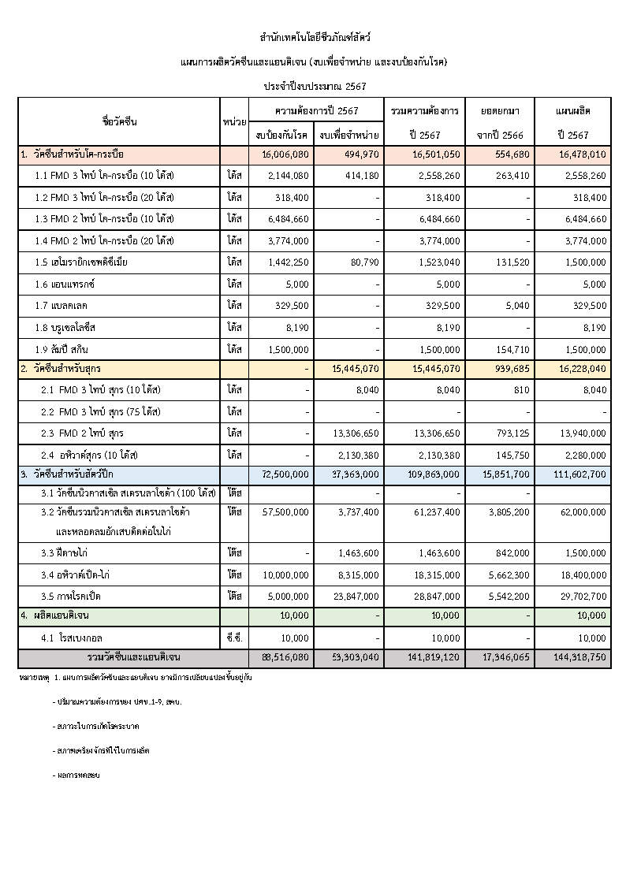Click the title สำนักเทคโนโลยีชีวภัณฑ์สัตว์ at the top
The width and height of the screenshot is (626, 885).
[315, 37]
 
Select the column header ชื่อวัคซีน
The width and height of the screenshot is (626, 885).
[119, 121]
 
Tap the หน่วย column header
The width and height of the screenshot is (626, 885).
[234, 121]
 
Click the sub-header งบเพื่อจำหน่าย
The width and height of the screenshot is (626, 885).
[348, 135]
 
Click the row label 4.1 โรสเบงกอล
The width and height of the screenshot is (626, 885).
[72, 637]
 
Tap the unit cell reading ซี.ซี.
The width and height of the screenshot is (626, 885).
[234, 637]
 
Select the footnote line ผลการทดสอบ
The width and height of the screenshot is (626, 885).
[78, 775]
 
